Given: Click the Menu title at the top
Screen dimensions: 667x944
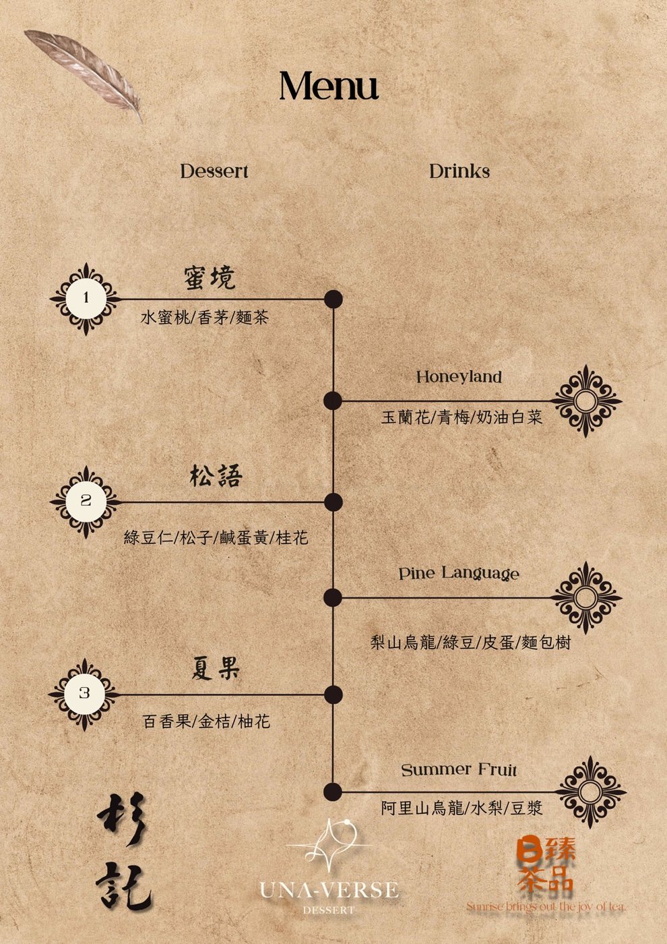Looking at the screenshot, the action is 329,86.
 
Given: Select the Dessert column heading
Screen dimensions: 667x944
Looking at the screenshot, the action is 214,171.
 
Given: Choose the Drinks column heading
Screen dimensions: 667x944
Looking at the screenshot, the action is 459,171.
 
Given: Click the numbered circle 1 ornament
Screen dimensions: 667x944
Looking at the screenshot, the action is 86,299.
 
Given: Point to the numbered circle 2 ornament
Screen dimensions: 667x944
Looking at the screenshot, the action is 86,502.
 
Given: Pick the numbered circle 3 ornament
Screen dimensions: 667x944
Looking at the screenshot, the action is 85,695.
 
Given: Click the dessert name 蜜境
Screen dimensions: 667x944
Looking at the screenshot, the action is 210,278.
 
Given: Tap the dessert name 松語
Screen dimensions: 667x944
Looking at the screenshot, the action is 216,476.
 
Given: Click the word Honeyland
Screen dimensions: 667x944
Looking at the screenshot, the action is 459,377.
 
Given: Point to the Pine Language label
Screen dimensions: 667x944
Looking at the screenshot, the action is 459,574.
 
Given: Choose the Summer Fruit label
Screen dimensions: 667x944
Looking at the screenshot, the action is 459,770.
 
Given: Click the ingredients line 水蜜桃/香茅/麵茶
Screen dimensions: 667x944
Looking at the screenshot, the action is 205,318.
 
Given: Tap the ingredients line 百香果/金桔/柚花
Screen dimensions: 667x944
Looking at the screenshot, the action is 206,721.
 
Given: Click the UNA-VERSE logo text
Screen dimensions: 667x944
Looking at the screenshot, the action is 329,890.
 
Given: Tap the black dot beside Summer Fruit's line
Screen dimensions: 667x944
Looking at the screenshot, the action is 333,792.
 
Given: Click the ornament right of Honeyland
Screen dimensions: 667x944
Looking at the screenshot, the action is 586,401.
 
